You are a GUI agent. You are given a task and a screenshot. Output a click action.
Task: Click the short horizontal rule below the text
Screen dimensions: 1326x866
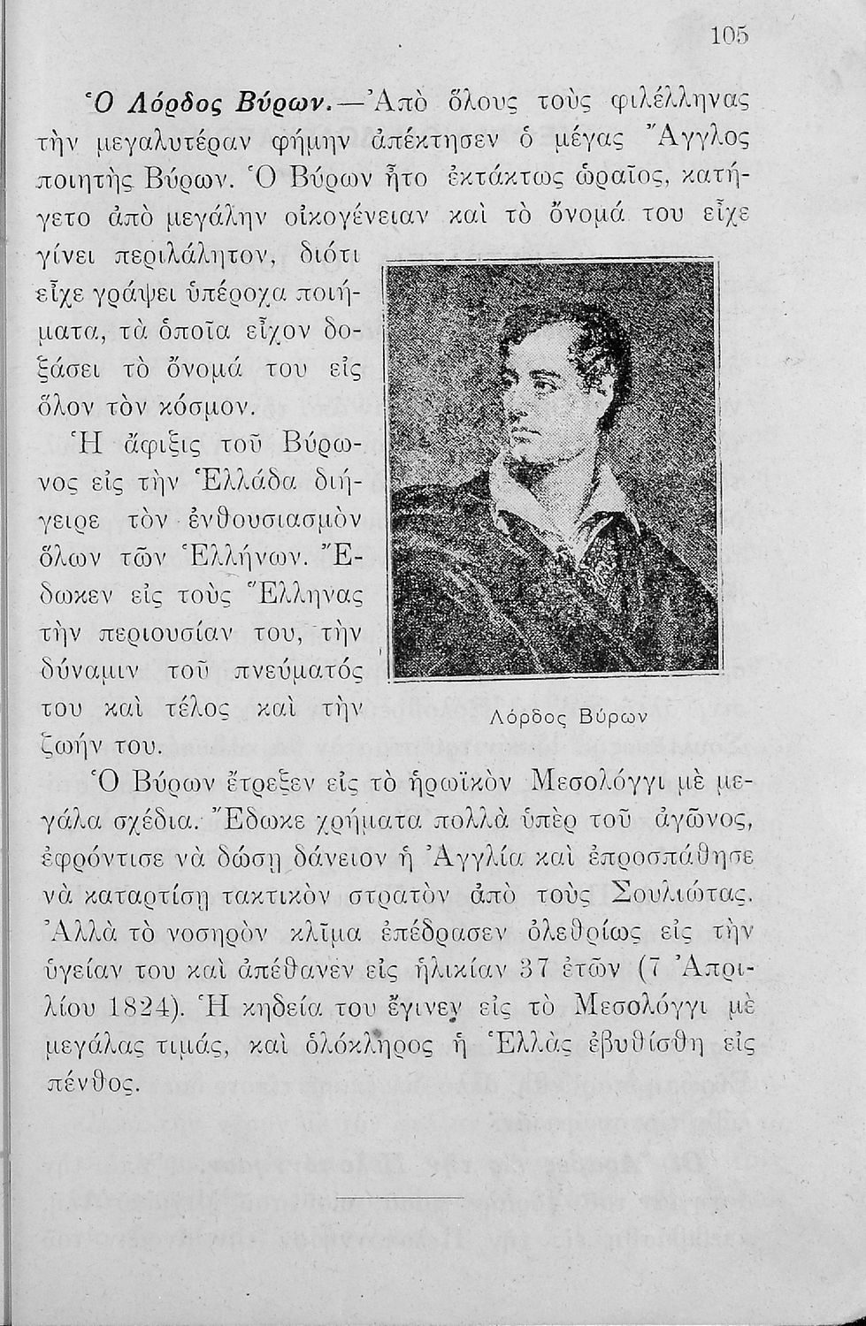pos(402,1199)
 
